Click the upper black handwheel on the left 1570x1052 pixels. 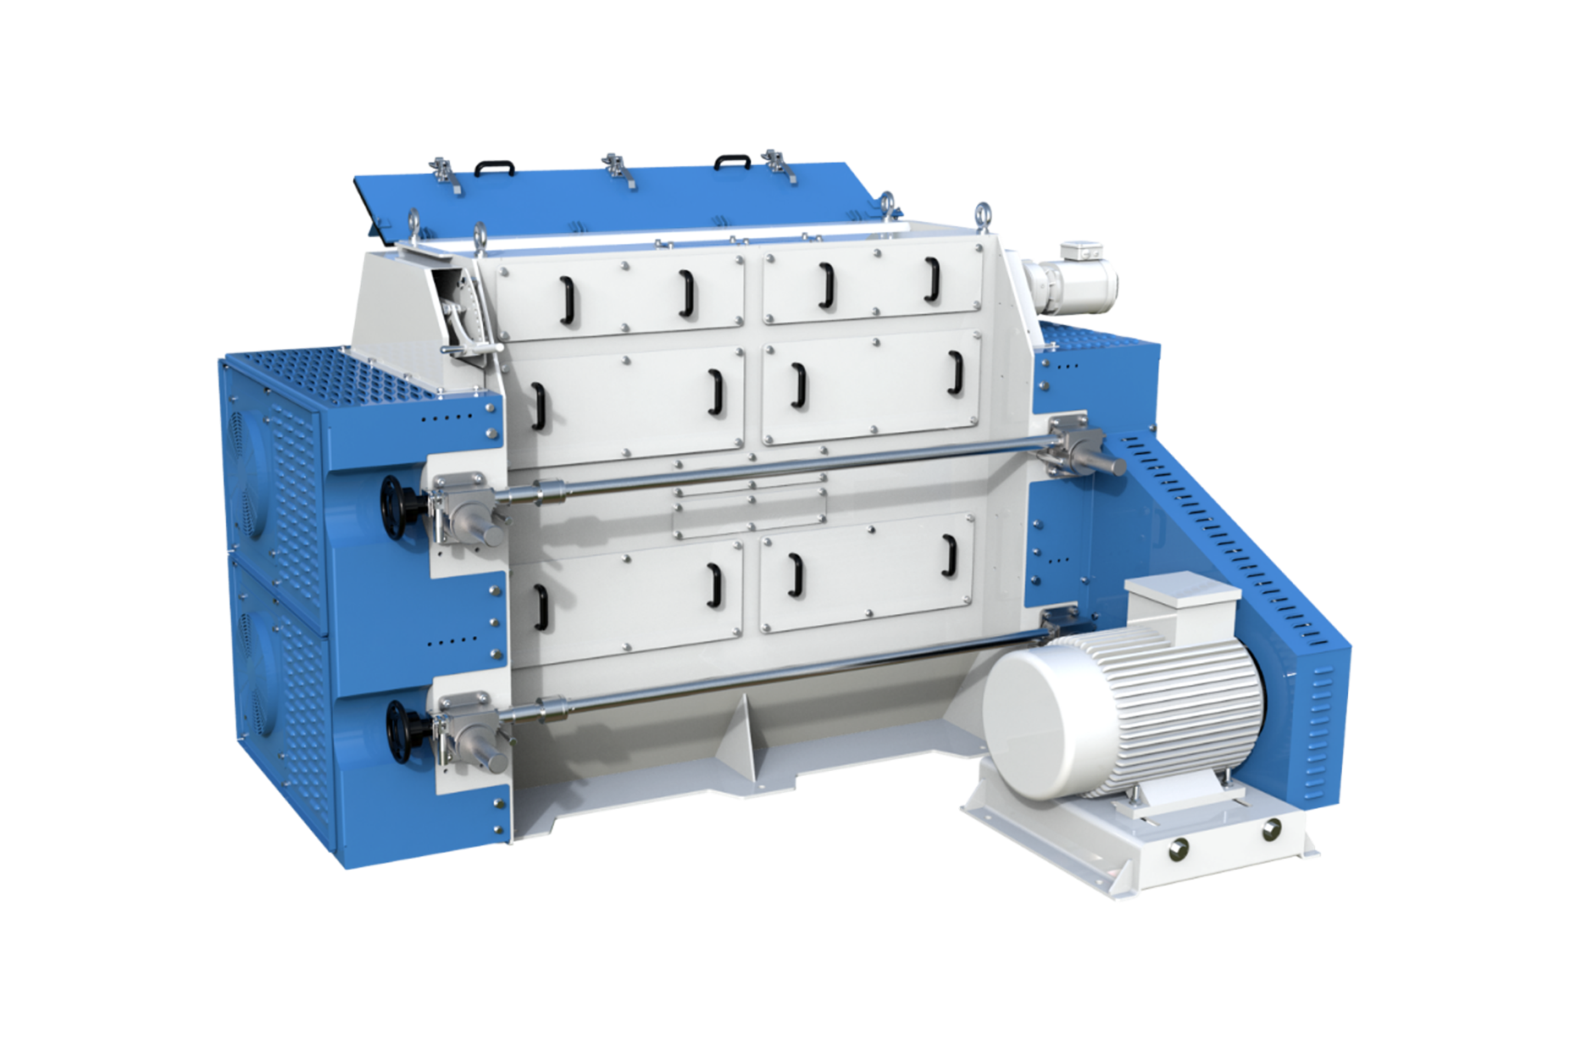click(395, 507)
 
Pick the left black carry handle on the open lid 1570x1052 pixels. click(495, 167)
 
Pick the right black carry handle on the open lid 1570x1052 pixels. click(732, 160)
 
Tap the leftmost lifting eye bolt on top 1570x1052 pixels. click(413, 222)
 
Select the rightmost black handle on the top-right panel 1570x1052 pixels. click(932, 280)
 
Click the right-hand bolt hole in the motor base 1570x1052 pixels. click(1271, 829)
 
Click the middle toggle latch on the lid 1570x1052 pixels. click(616, 169)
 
